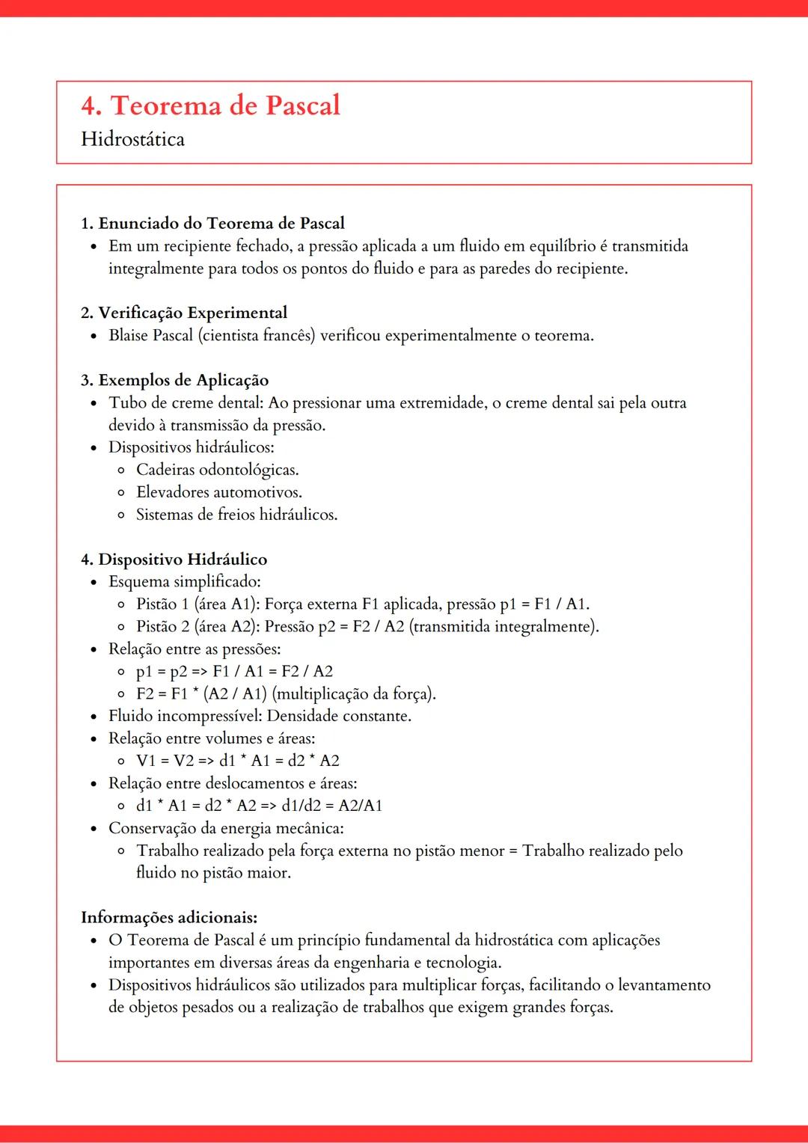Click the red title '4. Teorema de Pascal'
(210, 105)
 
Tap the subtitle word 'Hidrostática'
(132, 139)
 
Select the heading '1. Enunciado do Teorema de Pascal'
(212, 223)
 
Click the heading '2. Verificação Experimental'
(183, 313)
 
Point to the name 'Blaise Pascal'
(150, 335)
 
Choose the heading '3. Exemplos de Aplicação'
(174, 380)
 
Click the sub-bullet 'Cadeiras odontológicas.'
(217, 470)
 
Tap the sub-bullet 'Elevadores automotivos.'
(218, 492)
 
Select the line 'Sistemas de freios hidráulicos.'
(236, 515)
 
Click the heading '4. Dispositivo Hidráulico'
(174, 560)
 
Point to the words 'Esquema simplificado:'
(184, 581)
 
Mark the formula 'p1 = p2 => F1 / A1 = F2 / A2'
(234, 671)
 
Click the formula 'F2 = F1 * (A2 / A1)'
(201, 693)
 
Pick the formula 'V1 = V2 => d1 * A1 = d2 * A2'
(237, 761)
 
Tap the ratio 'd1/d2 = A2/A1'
(331, 806)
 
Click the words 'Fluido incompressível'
(184, 716)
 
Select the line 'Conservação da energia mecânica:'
(226, 828)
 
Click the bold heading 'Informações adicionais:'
(169, 917)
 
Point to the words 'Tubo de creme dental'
(185, 402)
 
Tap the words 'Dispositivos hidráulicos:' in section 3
(191, 447)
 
